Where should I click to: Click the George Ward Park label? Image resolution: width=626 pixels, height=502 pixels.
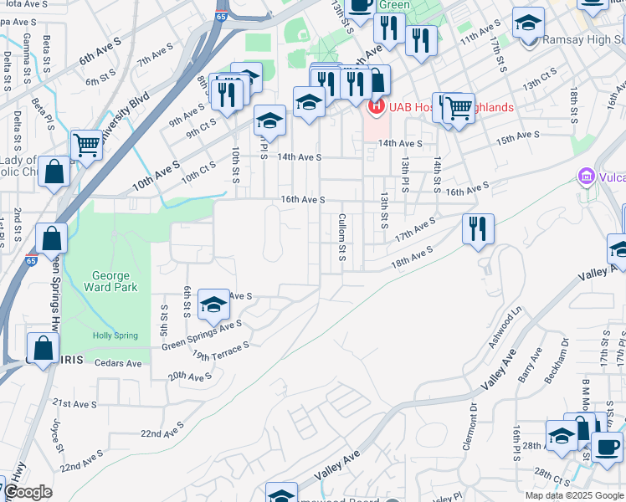(110, 283)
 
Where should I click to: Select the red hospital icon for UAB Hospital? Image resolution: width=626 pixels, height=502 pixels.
(376, 107)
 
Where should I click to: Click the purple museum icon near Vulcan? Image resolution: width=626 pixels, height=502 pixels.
(586, 177)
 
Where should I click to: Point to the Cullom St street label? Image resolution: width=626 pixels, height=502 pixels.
(341, 236)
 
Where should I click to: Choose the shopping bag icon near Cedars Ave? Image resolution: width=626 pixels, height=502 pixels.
(42, 347)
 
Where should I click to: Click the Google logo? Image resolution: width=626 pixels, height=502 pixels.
(28, 493)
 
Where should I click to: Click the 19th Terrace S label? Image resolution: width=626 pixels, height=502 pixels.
(219, 350)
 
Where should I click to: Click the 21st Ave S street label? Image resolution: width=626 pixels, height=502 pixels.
(74, 403)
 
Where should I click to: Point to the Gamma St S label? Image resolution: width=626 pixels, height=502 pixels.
(28, 51)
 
